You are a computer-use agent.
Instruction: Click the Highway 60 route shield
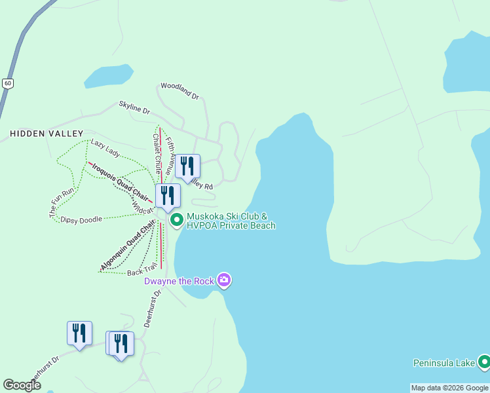coord(7,83)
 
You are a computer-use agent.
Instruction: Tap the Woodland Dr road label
coord(179,91)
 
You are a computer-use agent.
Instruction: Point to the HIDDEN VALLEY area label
coord(38,133)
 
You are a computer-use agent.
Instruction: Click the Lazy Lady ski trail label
coord(105,148)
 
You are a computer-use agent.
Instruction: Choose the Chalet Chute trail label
coord(157,153)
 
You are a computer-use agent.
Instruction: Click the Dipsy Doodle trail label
coord(81,219)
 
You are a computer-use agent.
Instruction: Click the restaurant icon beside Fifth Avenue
coord(188,166)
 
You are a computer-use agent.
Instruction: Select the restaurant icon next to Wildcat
coord(168,196)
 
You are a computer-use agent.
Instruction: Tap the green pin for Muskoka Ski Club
coord(177,221)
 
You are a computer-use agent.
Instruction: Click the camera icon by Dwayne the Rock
coord(224,281)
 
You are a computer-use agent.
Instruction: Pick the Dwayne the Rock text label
coord(179,281)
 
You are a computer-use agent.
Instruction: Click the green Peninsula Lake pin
coord(484,362)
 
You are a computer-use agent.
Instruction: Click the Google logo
coord(22,385)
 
